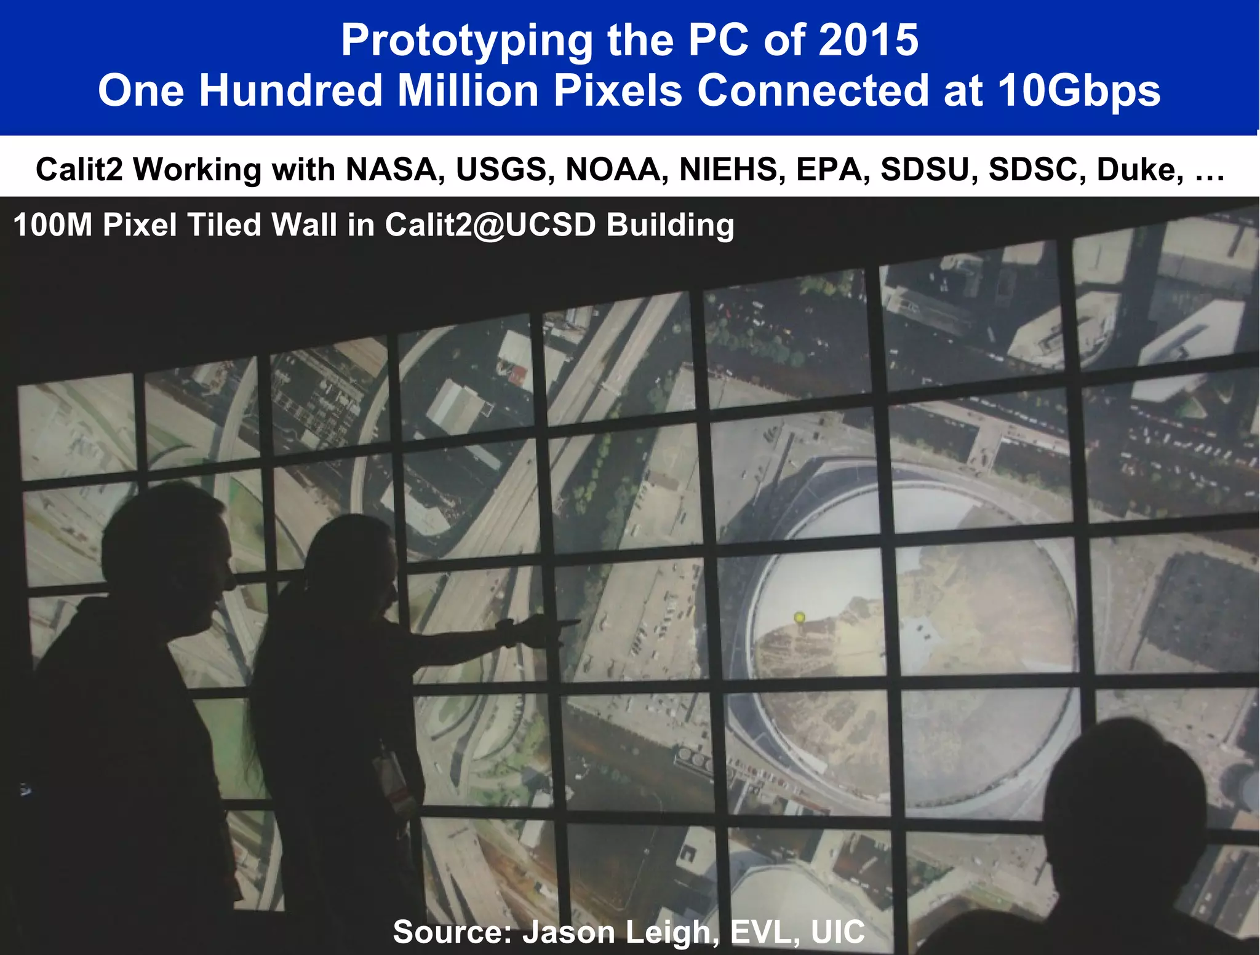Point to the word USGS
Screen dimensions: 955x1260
pos(501,170)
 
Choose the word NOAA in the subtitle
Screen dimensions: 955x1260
pos(613,170)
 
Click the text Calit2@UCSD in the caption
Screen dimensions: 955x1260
pos(490,225)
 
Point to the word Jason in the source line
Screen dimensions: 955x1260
pos(569,932)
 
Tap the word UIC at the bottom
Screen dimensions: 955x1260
pos(837,932)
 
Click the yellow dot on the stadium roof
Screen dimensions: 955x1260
pos(799,617)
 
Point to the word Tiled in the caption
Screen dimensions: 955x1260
pos(223,225)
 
